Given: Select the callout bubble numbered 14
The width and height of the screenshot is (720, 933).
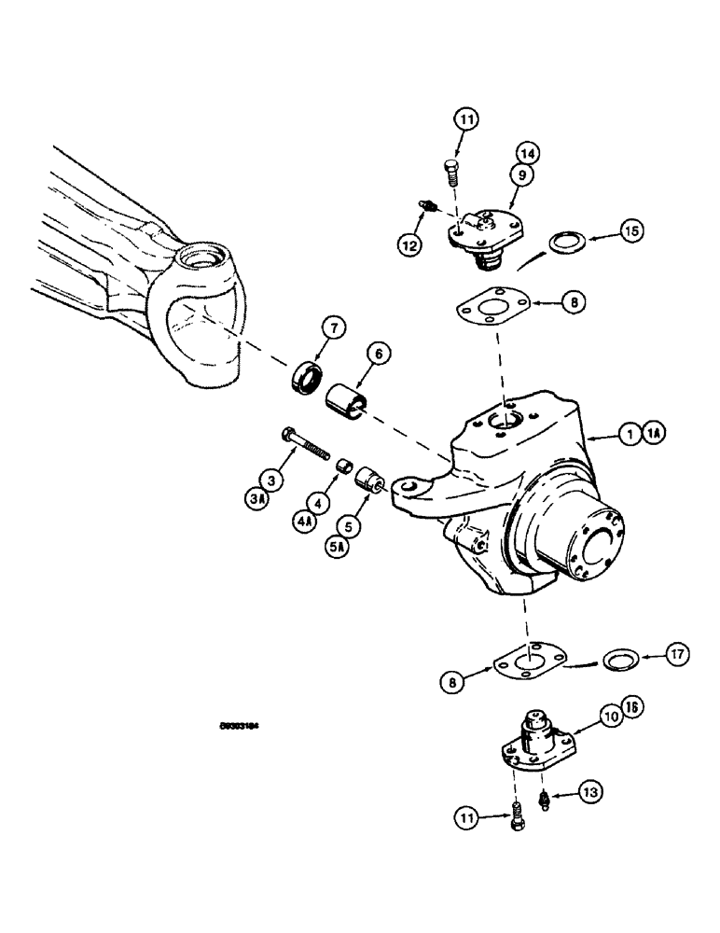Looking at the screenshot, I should [528, 152].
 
